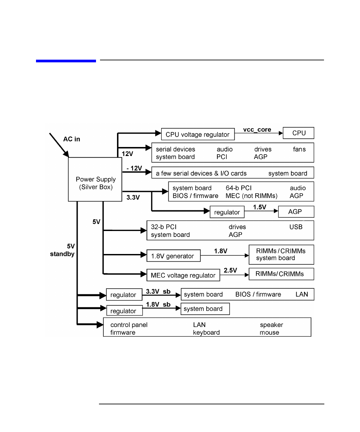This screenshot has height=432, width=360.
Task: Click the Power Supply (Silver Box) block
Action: tap(95, 180)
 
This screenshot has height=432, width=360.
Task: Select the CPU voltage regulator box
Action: tap(198, 134)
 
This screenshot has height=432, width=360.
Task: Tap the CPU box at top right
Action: tap(299, 133)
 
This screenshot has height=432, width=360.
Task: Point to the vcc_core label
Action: tap(257, 130)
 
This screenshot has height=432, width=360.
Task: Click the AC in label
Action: tap(72, 139)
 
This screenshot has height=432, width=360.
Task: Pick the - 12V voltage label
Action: tap(134, 168)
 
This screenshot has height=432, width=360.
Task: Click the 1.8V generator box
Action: tap(173, 256)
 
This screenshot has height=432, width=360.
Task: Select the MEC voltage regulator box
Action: tap(183, 275)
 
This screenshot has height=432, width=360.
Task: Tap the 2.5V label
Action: tap(230, 270)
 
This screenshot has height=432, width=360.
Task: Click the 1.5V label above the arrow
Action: tap(259, 207)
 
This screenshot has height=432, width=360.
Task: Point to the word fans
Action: tap(299, 149)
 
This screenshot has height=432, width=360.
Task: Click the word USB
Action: tap(296, 227)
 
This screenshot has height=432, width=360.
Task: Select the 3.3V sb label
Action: tap(158, 291)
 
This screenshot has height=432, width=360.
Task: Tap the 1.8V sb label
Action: tap(158, 304)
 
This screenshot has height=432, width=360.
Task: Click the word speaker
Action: tap(271, 325)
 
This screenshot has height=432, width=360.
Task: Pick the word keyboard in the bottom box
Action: tap(206, 332)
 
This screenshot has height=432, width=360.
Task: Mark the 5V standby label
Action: tap(63, 250)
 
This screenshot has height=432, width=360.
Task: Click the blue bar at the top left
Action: tap(66, 61)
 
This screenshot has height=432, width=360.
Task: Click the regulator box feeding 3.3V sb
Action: tap(124, 295)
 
